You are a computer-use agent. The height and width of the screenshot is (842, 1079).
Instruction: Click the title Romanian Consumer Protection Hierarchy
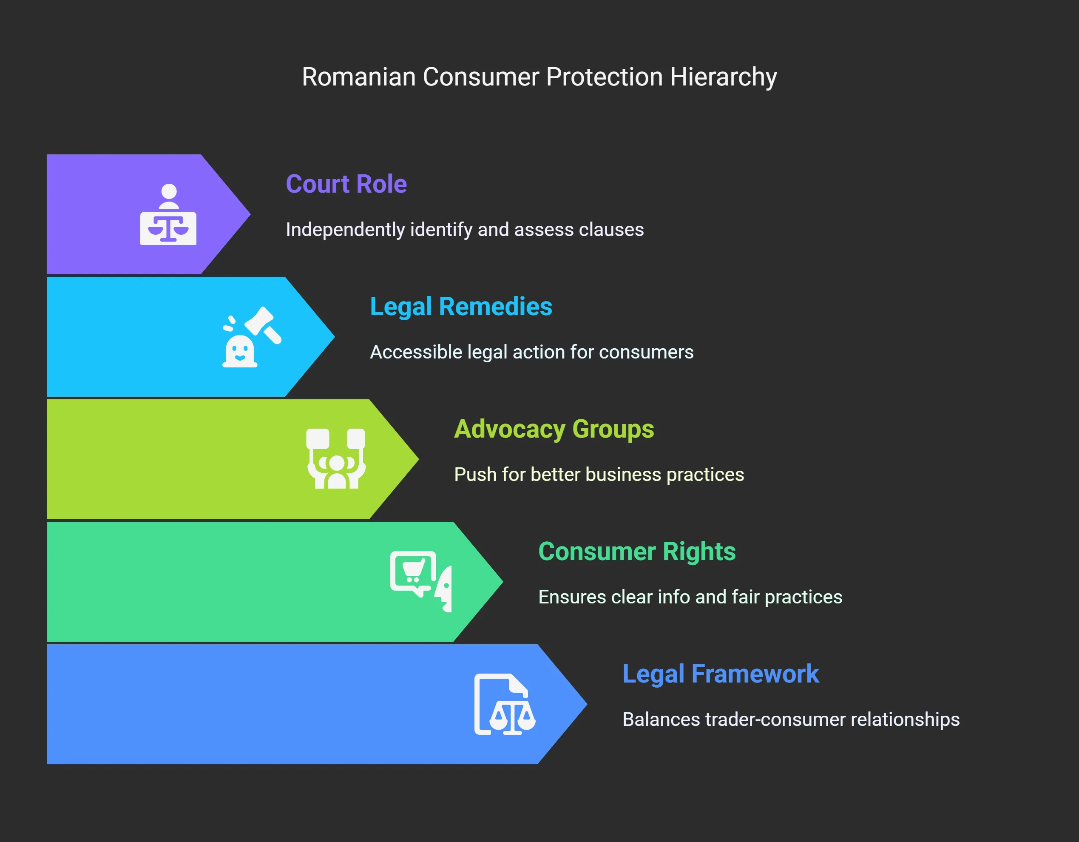[x=539, y=77]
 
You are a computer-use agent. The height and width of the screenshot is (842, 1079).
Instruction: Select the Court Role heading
[x=346, y=184]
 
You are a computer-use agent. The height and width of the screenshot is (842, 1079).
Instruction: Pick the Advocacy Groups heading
[x=554, y=429]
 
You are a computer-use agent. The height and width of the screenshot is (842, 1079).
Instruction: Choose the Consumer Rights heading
[x=636, y=552]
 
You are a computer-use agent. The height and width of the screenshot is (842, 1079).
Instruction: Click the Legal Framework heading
[x=720, y=674]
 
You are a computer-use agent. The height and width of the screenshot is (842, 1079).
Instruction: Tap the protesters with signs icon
[x=336, y=459]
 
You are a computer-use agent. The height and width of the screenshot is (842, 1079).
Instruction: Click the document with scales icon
[x=504, y=704]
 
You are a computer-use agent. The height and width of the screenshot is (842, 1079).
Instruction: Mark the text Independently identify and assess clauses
[x=464, y=230]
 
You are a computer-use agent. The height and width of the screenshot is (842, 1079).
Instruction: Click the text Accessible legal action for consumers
[x=531, y=352]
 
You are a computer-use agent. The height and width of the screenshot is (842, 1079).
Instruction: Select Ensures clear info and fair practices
[x=690, y=597]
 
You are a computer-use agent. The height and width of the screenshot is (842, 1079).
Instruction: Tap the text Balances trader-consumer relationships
[x=790, y=720]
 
